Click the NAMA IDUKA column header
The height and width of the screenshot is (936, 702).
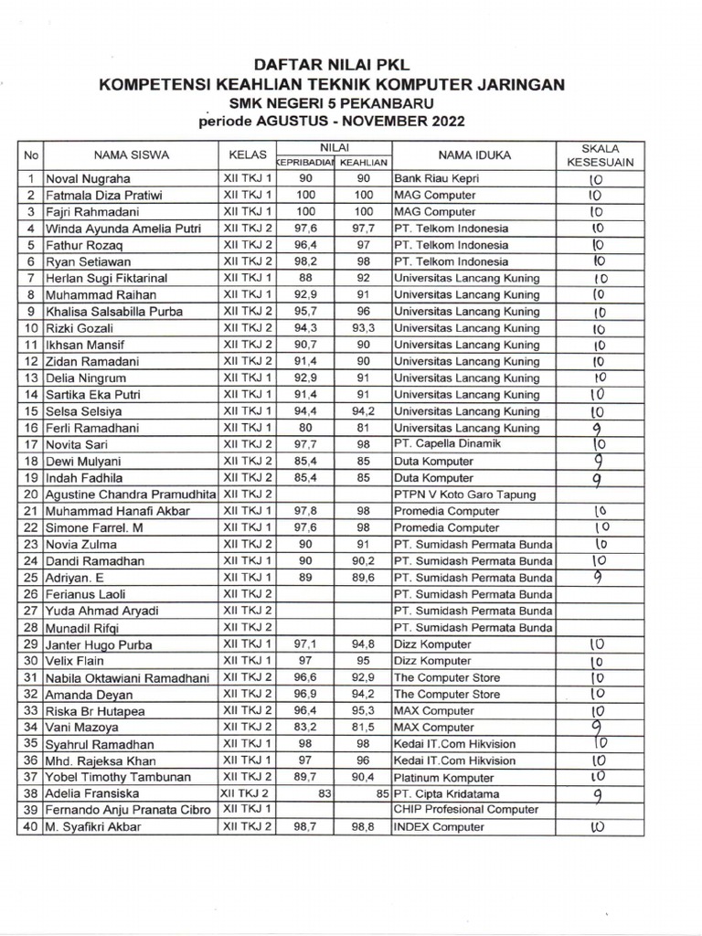474,155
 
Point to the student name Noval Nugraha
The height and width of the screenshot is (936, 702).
88,179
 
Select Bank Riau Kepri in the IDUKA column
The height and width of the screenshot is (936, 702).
436,179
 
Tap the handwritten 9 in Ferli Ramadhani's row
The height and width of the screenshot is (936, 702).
596,428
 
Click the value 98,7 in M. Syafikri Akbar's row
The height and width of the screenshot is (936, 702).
301,827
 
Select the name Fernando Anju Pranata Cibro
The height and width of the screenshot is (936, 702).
127,811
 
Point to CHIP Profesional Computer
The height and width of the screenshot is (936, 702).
466,810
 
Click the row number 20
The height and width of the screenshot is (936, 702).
30,495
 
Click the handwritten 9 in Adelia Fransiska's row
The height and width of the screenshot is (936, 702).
597,794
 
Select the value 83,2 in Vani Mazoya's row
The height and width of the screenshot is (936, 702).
301,728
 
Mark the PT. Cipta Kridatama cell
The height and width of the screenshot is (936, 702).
445,793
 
